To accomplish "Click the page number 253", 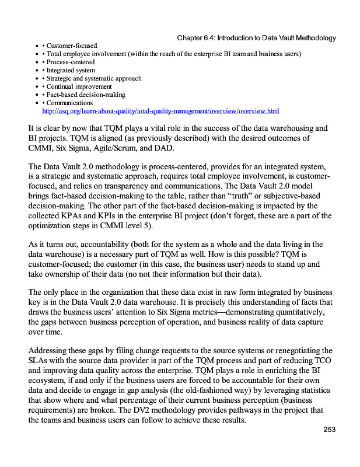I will click(x=330, y=430).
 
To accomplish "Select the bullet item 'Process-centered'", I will click(x=71, y=62).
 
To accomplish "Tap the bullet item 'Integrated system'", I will click(x=71, y=70).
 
